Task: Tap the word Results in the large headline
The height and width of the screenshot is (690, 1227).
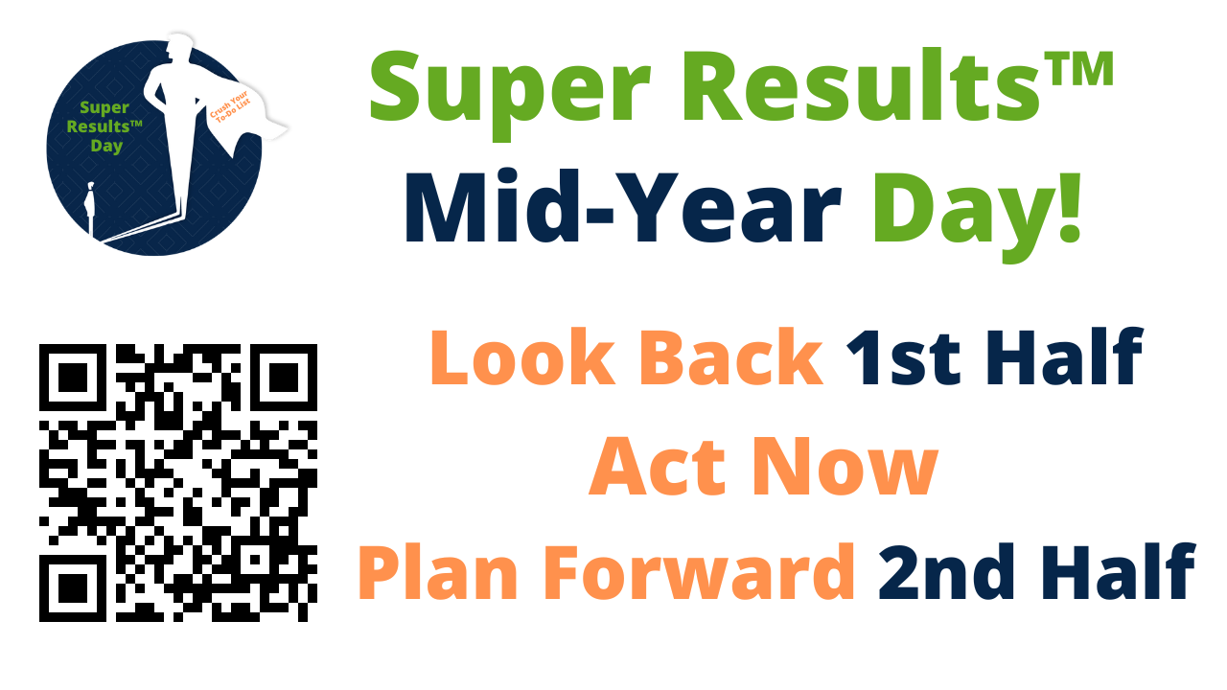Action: [861, 85]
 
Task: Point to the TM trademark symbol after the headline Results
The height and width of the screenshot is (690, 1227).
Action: [1077, 68]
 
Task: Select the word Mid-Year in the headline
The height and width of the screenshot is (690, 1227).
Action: [623, 206]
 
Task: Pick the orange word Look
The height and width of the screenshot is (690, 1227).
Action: [523, 357]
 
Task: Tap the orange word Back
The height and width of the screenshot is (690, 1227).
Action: [731, 357]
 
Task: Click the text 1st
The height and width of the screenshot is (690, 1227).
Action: [903, 358]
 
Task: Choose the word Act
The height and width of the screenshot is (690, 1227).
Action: [657, 467]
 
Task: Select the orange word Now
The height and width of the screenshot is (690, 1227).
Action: [845, 467]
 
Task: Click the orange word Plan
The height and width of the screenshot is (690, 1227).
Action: [438, 573]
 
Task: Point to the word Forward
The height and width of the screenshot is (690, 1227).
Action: [699, 572]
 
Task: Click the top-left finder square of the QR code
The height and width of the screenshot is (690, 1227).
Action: [72, 378]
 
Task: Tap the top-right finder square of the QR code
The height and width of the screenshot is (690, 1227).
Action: [284, 378]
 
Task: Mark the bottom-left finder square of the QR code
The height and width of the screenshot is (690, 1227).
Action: [72, 588]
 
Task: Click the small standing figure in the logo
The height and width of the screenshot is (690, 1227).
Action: [90, 208]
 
